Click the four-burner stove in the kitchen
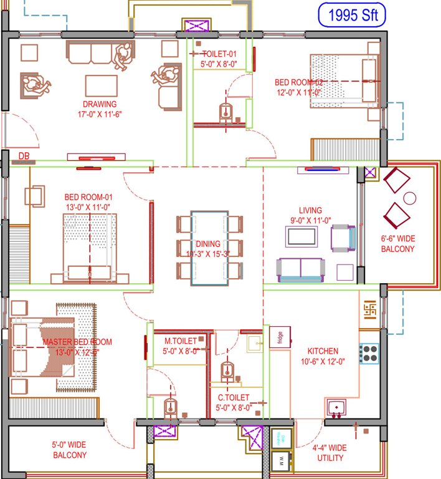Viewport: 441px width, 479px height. coord(369,354)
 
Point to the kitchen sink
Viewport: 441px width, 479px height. coord(337,408)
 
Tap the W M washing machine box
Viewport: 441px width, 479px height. coord(282,462)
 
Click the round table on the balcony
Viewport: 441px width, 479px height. coord(410,198)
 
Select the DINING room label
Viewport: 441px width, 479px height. coord(208,244)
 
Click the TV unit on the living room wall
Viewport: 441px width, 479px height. coord(322,169)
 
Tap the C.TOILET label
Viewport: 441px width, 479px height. coord(234,397)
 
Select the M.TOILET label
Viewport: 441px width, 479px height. coord(181,341)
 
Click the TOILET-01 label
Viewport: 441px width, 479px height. coord(219,54)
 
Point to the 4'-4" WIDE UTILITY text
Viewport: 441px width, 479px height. coord(329,453)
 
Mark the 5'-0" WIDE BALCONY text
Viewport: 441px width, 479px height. coord(69,450)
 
